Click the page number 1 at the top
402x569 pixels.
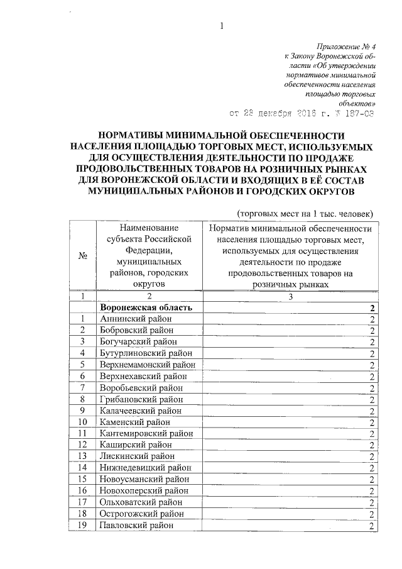[x=222, y=26]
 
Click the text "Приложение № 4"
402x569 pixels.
[x=345, y=47]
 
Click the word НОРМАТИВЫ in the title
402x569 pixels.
[x=138, y=135]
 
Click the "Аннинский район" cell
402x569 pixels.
[x=135, y=319]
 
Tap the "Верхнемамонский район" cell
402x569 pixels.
[x=147, y=365]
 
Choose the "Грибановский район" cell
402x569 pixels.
[x=141, y=399]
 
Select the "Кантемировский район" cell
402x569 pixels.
[x=145, y=433]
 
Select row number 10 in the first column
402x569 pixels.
[x=82, y=422]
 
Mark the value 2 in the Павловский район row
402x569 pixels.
[x=372, y=526]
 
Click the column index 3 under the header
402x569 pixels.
[x=290, y=296]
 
